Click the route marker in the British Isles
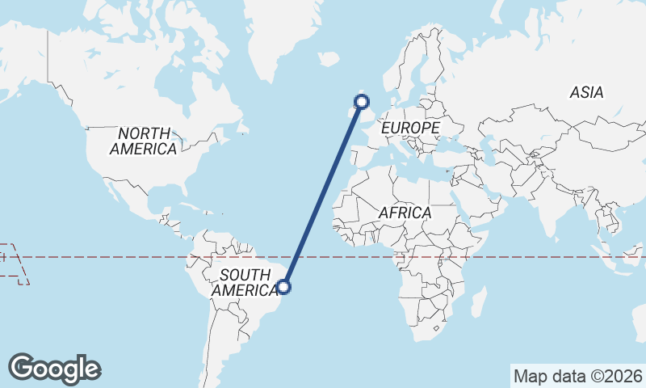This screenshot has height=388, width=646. click(362, 102)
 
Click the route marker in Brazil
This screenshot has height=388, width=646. click(283, 285)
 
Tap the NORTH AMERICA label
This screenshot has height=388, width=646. click(144, 141)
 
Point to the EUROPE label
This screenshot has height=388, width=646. click(410, 128)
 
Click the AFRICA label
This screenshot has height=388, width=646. click(405, 213)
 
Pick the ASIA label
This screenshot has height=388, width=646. click(586, 93)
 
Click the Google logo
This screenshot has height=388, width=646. click(55, 369)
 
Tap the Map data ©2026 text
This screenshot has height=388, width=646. click(578, 376)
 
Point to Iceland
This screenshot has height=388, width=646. click(328, 59)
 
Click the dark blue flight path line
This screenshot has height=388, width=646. click(323, 194)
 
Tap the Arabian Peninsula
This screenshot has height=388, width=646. click(485, 202)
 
